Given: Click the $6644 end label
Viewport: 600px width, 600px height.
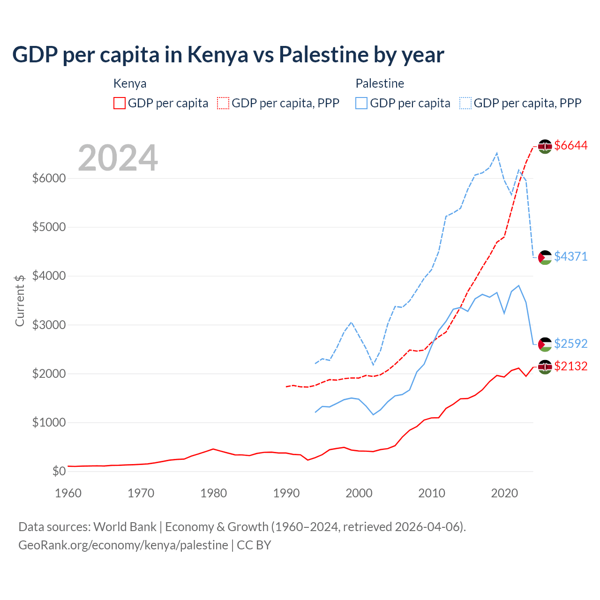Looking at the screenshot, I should tap(570, 146).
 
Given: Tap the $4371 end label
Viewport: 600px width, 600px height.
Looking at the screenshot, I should tap(570, 256).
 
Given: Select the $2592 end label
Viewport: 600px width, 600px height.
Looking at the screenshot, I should tap(570, 344).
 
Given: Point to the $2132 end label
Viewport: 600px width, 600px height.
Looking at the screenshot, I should tap(570, 366).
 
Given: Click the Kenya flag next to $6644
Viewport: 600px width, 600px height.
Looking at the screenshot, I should tap(545, 146).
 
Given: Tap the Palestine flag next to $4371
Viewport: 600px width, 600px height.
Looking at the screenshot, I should tap(545, 257).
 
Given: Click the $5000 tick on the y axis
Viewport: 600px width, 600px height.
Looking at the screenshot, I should tap(49, 227).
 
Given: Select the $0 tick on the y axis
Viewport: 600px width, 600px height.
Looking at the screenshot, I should tap(59, 471).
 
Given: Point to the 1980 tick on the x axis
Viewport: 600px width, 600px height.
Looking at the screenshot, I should tap(214, 493).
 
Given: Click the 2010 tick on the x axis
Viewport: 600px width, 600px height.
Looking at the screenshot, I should tap(432, 493).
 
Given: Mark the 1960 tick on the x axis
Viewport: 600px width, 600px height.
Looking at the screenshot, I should tap(68, 493).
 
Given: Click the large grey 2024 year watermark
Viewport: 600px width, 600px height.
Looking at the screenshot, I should tap(118, 158).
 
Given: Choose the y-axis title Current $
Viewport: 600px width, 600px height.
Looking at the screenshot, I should tap(20, 300).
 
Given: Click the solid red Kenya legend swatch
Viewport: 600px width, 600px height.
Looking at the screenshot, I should tap(120, 103).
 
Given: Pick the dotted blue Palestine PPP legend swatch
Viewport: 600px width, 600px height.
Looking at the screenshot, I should tap(465, 103).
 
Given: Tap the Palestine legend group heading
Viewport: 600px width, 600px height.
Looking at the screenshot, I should tap(380, 83).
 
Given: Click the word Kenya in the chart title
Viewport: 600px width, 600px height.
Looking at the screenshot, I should tap(217, 55).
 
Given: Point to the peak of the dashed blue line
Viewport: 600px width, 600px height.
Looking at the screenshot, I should tap(497, 153).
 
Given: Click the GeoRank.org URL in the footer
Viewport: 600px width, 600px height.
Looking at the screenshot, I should tap(123, 545).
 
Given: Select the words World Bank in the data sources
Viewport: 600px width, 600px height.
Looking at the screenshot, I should tap(125, 527).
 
